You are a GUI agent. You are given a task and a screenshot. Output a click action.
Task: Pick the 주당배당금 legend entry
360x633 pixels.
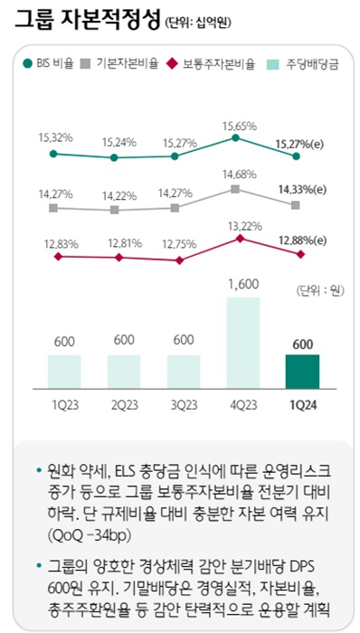pyautogui.click(x=301, y=64)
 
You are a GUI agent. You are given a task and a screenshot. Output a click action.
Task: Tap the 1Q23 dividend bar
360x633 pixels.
pyautogui.click(x=63, y=370)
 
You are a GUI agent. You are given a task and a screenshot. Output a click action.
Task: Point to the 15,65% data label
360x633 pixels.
pyautogui.click(x=236, y=126)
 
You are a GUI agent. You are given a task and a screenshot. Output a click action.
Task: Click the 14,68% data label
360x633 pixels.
pyautogui.click(x=236, y=175)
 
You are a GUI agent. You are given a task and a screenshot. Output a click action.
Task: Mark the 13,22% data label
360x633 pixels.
pyautogui.click(x=236, y=225)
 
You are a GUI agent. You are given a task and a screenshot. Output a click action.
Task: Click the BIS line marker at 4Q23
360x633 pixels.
pyautogui.click(x=237, y=139)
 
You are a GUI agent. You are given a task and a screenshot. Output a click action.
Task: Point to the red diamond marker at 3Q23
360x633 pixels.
pyautogui.click(x=178, y=260)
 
